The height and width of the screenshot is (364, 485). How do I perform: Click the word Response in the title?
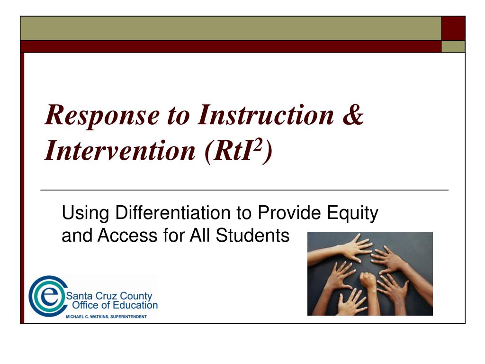pyautogui.click(x=102, y=116)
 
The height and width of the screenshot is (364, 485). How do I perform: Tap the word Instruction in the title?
pyautogui.click(x=266, y=115)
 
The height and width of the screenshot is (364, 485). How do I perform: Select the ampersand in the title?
pyautogui.click(x=353, y=115)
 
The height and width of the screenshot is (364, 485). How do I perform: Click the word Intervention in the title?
pyautogui.click(x=120, y=150)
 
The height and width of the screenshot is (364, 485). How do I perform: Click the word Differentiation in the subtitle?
pyautogui.click(x=173, y=213)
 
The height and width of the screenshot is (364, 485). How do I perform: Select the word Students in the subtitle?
pyautogui.click(x=252, y=235)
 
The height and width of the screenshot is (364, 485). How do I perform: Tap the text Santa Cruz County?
pyautogui.click(x=109, y=296)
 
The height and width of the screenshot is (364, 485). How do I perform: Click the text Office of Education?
pyautogui.click(x=115, y=305)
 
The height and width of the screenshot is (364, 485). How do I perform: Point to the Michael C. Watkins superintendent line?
pyautogui.click(x=107, y=317)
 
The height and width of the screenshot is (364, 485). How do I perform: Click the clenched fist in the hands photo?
pyautogui.click(x=368, y=281)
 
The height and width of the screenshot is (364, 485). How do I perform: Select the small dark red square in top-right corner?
pyautogui.click(x=453, y=28)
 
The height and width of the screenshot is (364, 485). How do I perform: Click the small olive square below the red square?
pyautogui.click(x=453, y=47)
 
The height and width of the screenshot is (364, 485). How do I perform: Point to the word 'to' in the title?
pyautogui.click(x=179, y=117)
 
